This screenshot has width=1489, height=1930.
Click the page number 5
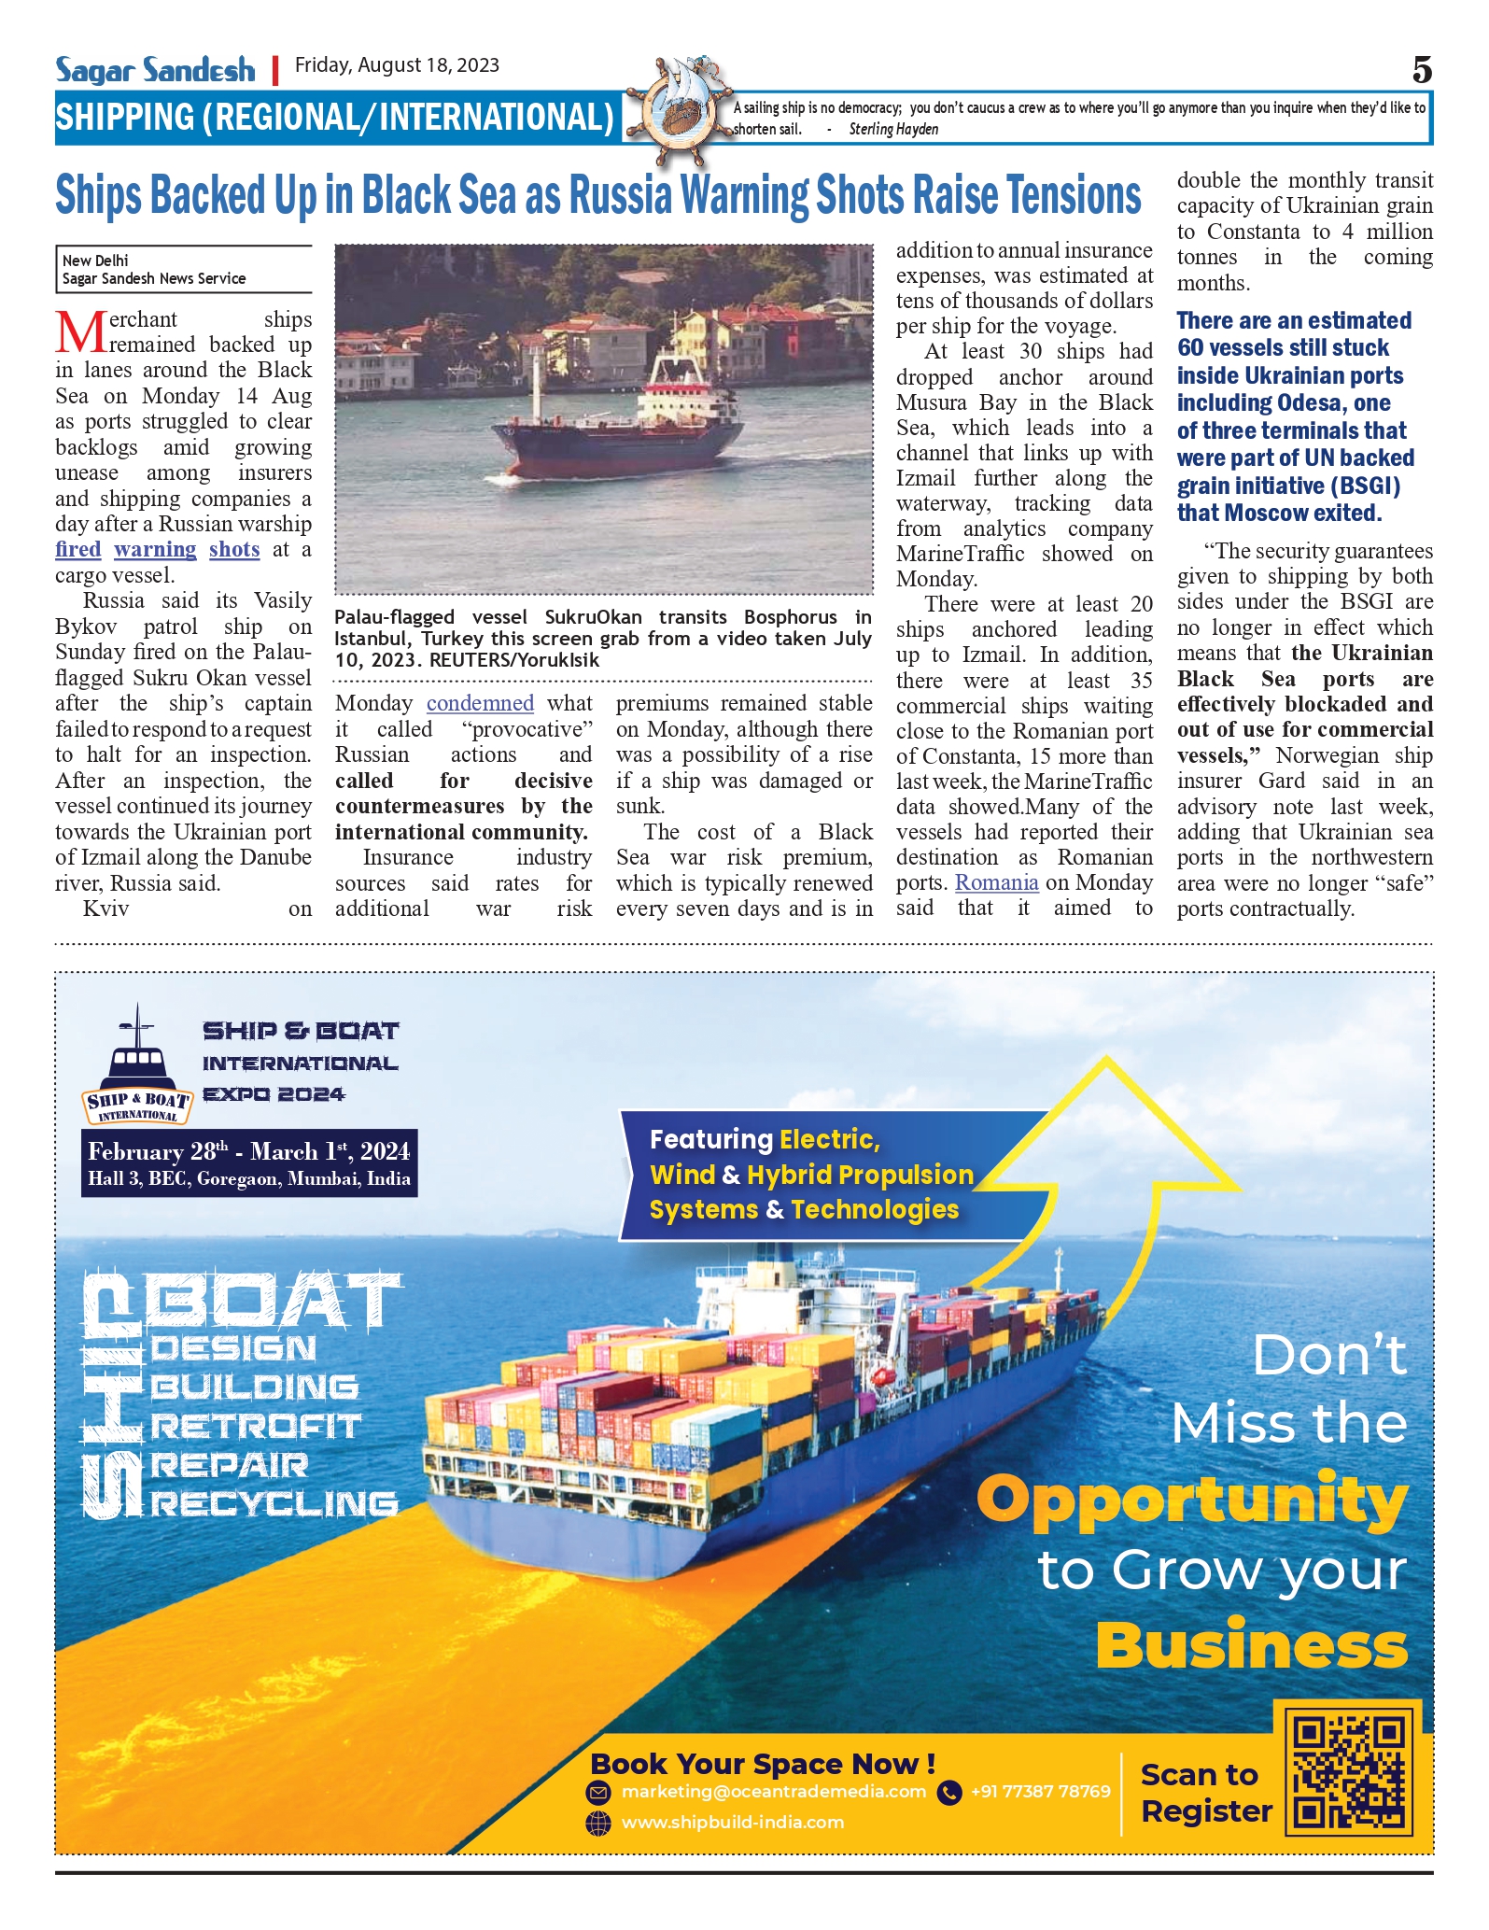click(x=1421, y=70)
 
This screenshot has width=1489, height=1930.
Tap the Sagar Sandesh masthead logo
click(x=155, y=70)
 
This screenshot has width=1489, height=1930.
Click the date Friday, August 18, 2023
click(x=397, y=65)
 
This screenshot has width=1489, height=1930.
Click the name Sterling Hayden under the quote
click(x=893, y=130)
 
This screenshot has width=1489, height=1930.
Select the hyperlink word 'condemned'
click(x=480, y=703)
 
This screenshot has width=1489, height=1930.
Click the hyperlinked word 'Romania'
click(x=996, y=882)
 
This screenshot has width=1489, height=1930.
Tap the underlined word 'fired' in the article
click(x=78, y=550)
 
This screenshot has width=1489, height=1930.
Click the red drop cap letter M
click(x=80, y=331)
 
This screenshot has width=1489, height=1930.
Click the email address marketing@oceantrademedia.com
click(x=773, y=1792)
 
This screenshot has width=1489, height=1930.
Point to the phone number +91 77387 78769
click(x=1040, y=1792)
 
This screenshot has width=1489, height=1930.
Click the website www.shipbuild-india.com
click(x=732, y=1823)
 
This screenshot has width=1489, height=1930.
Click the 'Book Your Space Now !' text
click(x=762, y=1764)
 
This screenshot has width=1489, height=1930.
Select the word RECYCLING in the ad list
click(x=274, y=1504)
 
